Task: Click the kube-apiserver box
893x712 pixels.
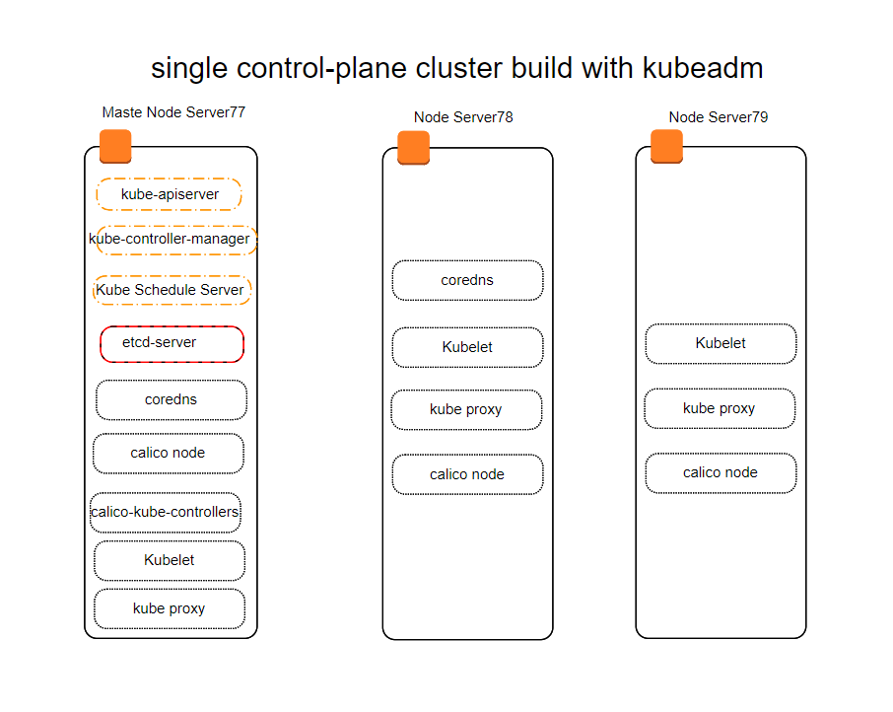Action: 170,194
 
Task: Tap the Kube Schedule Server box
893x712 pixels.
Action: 172,290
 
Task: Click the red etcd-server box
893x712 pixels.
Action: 172,344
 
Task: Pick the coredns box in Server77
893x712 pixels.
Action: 172,399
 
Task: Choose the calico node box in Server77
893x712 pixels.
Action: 169,454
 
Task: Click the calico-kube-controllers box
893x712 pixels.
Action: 166,513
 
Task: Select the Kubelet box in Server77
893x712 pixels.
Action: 170,560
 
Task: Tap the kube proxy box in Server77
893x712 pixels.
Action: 170,608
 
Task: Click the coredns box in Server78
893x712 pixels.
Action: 467,280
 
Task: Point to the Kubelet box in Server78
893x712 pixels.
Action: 467,347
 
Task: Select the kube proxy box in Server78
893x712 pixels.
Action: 466,409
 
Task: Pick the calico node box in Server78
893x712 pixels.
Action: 467,474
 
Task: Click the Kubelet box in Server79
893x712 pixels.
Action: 721,343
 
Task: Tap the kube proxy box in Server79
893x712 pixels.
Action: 720,408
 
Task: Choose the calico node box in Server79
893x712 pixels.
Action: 721,472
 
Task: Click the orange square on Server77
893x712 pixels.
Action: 115,146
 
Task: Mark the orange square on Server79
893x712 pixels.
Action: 667,146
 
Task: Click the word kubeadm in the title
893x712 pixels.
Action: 703,68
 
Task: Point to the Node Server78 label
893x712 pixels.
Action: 463,117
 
